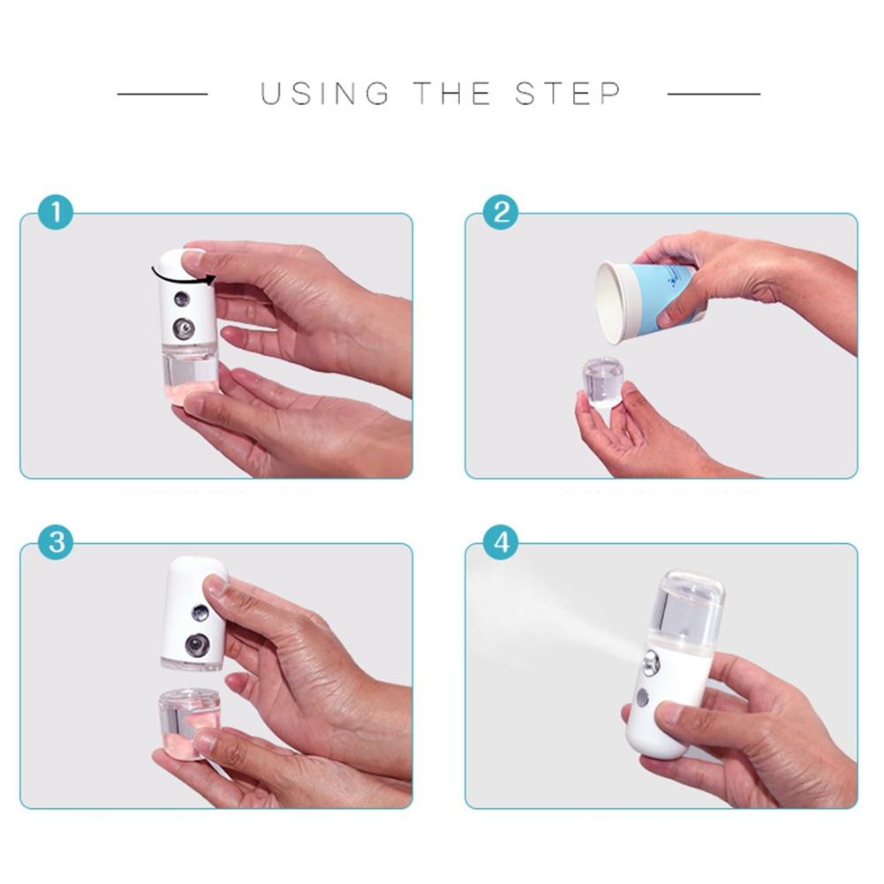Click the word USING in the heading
[x=324, y=94]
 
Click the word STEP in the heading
[x=569, y=94]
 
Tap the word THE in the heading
[x=451, y=94]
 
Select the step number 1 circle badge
[x=56, y=213]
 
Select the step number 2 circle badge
[x=501, y=213]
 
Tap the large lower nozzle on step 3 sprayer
[x=197, y=645]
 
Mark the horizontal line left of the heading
[x=162, y=94]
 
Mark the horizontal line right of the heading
[x=714, y=94]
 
